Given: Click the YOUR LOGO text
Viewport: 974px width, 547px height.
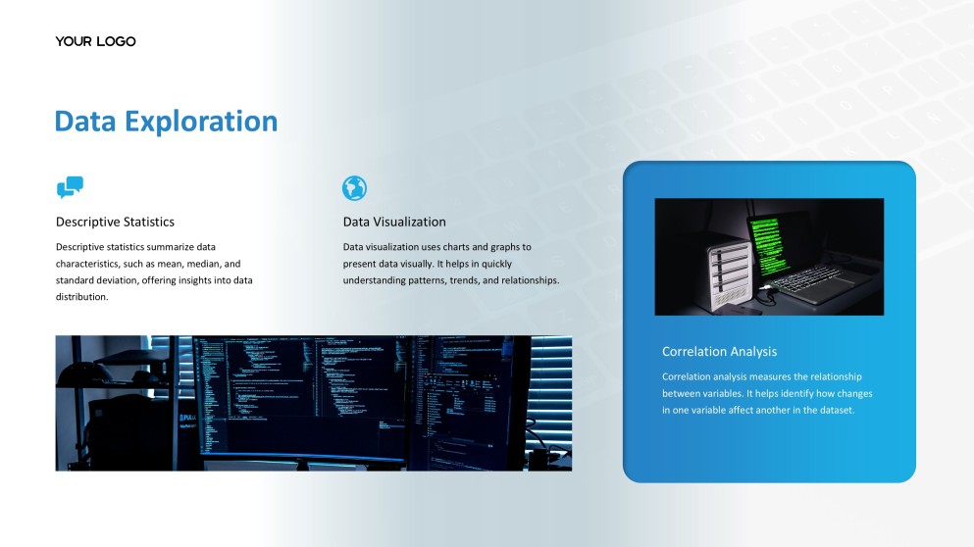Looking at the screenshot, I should tap(95, 41).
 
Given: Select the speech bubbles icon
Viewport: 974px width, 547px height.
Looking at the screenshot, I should tap(70, 187).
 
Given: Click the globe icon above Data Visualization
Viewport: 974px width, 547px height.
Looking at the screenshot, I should tap(354, 188).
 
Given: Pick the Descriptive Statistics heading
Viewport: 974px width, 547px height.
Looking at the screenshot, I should tap(115, 222).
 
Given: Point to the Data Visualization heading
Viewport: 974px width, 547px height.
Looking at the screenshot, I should tap(394, 222).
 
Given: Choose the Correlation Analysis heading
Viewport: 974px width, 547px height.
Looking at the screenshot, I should tap(719, 351).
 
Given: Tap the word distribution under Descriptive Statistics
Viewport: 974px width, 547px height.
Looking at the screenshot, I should tap(81, 297).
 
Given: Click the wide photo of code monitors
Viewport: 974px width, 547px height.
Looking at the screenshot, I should tap(313, 403).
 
